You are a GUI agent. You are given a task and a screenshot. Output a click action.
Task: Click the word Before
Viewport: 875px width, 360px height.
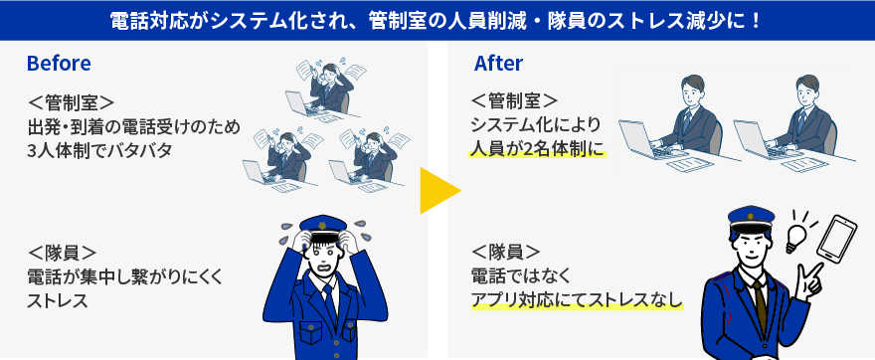59,64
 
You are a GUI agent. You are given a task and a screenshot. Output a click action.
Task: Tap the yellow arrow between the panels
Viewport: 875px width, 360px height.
437,191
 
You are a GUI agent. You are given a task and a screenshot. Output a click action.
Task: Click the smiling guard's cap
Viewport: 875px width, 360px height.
750,218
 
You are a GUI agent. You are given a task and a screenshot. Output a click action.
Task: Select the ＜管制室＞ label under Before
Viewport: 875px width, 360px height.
73,102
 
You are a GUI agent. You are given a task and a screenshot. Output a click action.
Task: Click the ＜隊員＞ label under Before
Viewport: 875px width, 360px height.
63,253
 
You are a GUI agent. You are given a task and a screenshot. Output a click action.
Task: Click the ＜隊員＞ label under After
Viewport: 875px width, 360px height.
505,251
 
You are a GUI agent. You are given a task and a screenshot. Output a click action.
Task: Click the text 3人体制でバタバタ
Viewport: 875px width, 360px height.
100,151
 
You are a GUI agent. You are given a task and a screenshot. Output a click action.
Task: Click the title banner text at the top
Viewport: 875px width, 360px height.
437,19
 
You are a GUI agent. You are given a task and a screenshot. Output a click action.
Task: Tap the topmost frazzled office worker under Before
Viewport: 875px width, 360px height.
323,86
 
